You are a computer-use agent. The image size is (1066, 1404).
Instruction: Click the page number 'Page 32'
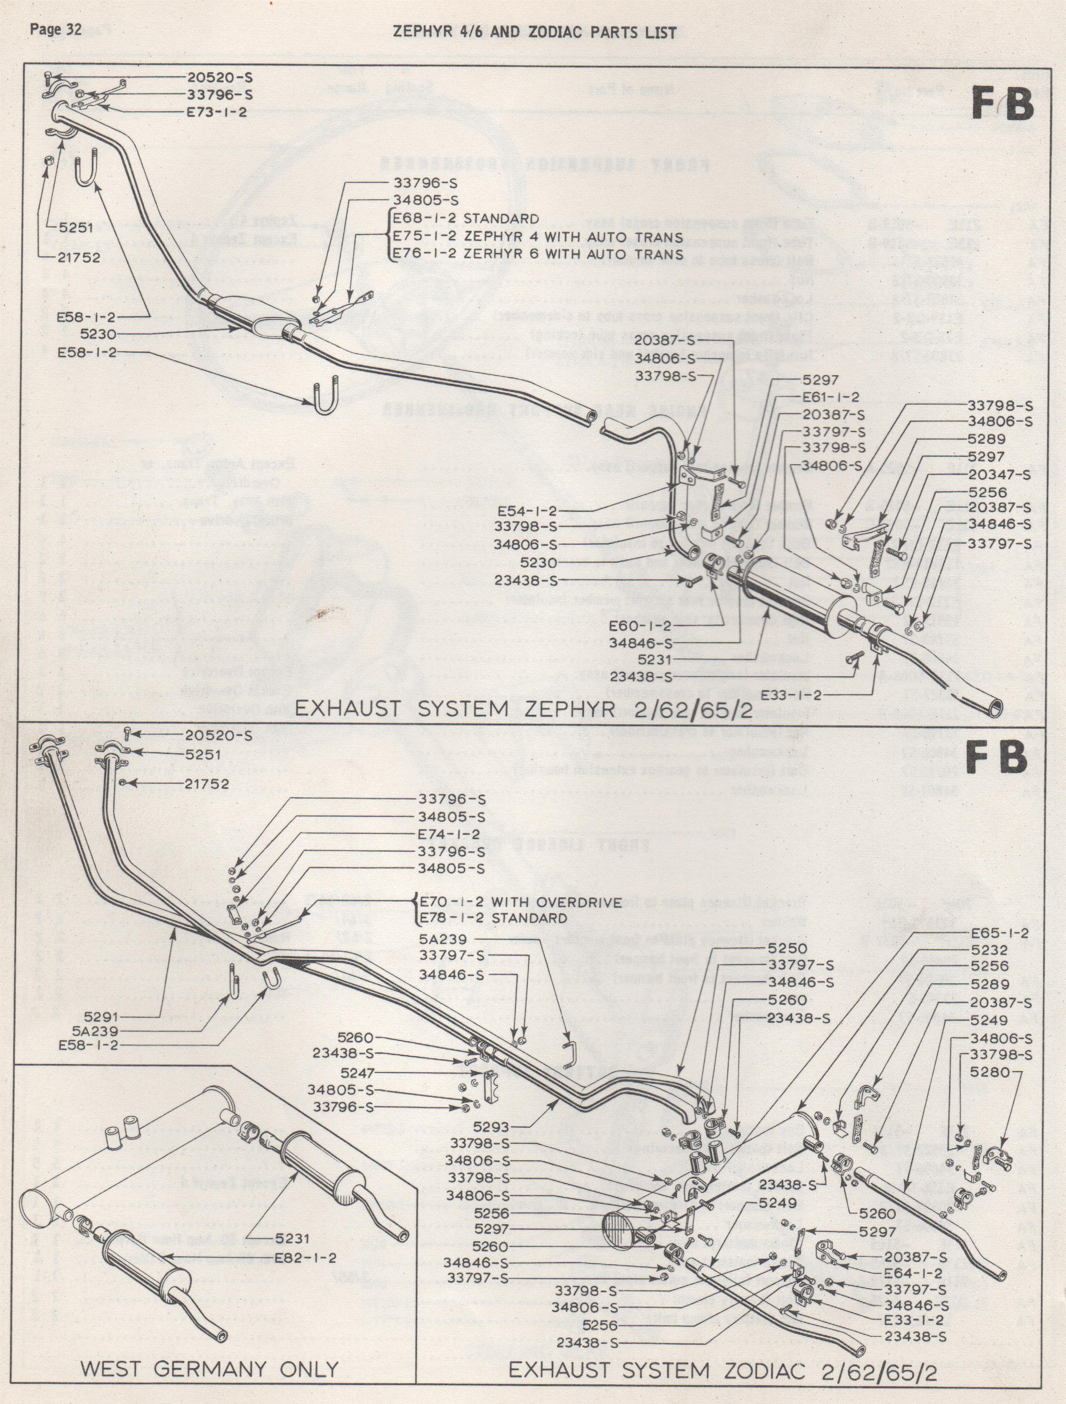pos(56,30)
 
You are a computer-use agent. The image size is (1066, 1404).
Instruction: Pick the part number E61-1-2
pos(831,397)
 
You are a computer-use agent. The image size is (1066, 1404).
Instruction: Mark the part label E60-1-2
pos(640,626)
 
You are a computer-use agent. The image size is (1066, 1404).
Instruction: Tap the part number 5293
pos(491,1127)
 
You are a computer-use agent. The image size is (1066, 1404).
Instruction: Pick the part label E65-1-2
pos(999,934)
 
